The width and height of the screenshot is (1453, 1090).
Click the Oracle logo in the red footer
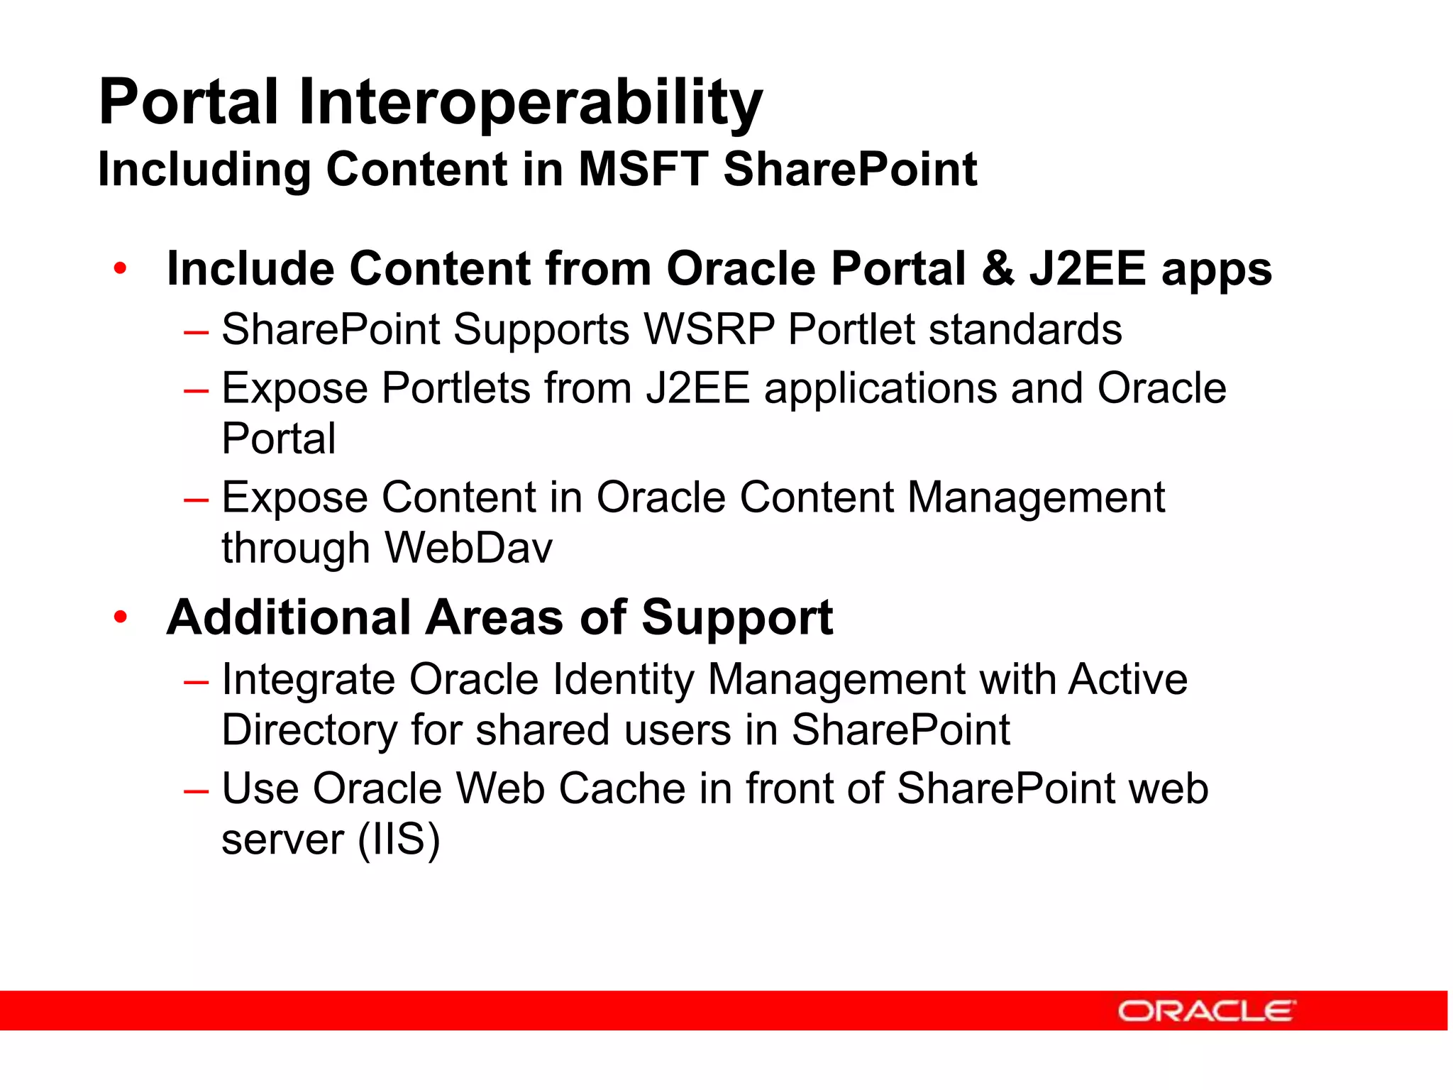pos(1206,1011)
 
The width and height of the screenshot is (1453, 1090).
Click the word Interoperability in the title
pos(530,103)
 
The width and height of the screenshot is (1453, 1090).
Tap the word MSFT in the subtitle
pos(643,170)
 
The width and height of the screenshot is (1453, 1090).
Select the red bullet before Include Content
pos(120,269)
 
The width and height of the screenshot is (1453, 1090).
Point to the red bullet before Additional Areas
pos(120,617)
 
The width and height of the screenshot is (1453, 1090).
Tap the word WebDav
pos(468,549)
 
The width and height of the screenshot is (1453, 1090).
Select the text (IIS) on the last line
pos(399,839)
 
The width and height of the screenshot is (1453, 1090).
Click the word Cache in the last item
pos(622,788)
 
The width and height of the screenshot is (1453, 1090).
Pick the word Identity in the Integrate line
pos(623,680)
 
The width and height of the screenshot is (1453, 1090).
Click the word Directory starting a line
pos(309,730)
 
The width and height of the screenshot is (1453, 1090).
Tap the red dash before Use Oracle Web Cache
pos(196,791)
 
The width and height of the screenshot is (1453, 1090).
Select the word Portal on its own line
pos(278,439)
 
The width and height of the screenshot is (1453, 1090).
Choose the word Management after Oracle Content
pos(1036,497)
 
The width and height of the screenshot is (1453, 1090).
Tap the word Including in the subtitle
pos(204,170)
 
